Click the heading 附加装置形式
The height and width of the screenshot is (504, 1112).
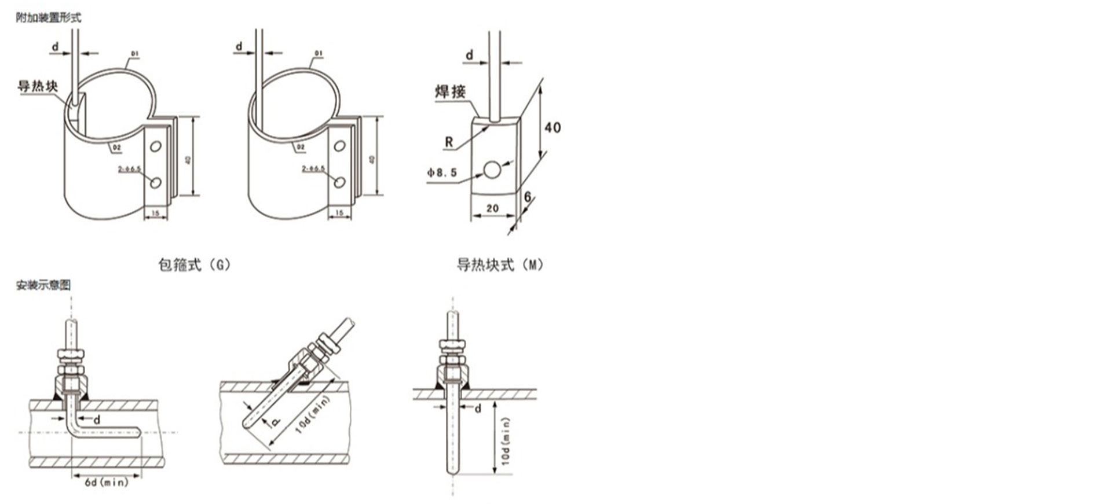[49, 17]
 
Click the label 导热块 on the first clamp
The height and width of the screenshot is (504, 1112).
[38, 87]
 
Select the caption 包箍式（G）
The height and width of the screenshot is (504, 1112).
[195, 265]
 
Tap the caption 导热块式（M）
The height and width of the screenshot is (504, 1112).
[499, 265]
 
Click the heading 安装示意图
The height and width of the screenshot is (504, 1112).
[43, 285]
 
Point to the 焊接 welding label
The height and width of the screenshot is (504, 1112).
[450, 91]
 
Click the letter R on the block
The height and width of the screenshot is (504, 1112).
[449, 142]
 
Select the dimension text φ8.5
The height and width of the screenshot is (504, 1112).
[442, 172]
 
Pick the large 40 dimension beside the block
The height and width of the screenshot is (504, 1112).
[553, 127]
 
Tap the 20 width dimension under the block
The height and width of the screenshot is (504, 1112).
[492, 208]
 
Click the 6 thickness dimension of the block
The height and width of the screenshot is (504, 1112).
[528, 197]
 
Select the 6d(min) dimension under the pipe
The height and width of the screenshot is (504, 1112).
[107, 482]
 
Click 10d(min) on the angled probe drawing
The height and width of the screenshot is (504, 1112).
[313, 414]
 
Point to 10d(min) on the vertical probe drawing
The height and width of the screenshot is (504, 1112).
[506, 441]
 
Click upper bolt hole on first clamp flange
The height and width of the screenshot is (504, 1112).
[155, 146]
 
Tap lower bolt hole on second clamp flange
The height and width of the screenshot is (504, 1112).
[339, 182]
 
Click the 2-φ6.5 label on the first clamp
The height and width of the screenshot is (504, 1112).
[130, 170]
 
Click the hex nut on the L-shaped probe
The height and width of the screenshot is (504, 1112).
[71, 353]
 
